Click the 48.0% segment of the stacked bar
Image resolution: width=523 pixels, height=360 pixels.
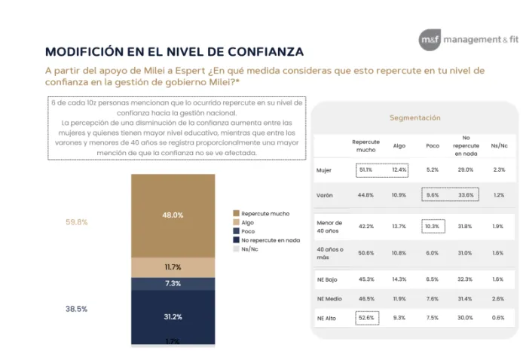pyautogui.click(x=173, y=215)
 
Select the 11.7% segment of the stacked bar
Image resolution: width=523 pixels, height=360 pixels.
pyautogui.click(x=173, y=267)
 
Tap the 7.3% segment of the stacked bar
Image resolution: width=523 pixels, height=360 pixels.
pyautogui.click(x=173, y=283)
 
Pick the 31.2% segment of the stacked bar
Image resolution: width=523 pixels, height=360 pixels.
pyautogui.click(x=173, y=316)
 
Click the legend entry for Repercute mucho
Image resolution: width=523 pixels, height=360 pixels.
pyautogui.click(x=265, y=213)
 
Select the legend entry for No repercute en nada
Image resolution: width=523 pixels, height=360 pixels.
pyautogui.click(x=270, y=239)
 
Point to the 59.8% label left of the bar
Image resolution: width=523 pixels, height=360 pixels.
pyautogui.click(x=76, y=222)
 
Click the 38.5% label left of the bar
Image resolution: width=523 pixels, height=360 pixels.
pyautogui.click(x=76, y=309)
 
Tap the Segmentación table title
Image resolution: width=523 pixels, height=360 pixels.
pyautogui.click(x=414, y=117)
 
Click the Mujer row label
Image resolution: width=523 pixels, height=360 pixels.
pyautogui.click(x=324, y=170)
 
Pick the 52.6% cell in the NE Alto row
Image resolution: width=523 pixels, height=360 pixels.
pyautogui.click(x=367, y=318)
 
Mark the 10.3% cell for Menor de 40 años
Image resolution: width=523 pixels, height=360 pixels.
pyautogui.click(x=432, y=227)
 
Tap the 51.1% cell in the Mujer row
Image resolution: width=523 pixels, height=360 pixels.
pyautogui.click(x=366, y=170)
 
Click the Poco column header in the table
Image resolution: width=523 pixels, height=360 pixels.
pyautogui.click(x=432, y=146)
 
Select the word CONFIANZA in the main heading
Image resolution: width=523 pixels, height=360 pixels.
pyautogui.click(x=254, y=51)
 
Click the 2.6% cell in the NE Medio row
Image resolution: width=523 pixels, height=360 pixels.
pyautogui.click(x=498, y=299)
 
